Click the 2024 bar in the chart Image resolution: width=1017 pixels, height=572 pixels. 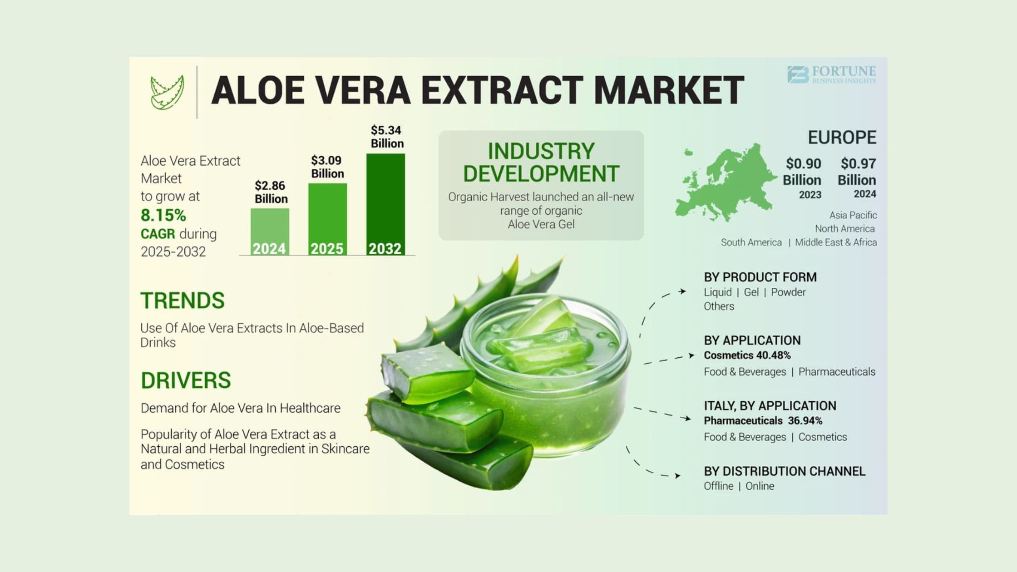pos(270,232)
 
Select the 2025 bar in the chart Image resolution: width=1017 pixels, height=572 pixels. pos(327,219)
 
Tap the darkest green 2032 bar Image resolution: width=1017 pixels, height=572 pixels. pos(385,204)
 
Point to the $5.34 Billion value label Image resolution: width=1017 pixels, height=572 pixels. pos(387,137)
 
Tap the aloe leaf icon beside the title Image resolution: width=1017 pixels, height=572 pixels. pos(167,92)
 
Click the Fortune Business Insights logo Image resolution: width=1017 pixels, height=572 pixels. pos(832,75)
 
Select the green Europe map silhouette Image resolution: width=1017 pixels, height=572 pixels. pos(724,184)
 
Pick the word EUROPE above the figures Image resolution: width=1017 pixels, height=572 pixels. pos(842,138)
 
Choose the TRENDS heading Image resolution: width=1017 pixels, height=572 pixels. pos(183,301)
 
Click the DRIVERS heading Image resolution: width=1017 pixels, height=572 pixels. pos(186,380)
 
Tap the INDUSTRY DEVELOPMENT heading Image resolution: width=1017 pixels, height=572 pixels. pos(541,163)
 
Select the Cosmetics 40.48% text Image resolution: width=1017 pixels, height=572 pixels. pos(747,355)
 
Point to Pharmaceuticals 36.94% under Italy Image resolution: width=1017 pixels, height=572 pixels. pos(763,420)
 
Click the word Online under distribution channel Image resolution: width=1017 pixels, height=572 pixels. pos(760,486)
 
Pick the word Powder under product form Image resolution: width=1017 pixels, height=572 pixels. pos(788,292)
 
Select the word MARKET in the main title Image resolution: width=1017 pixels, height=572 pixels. pos(668,90)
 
